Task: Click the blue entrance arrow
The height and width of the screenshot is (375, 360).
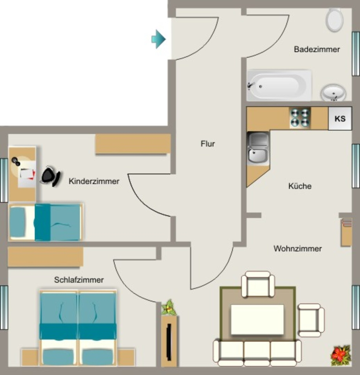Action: [158, 39]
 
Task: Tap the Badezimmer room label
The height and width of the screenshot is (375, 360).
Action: [317, 49]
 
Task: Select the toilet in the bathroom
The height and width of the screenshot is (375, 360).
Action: [334, 20]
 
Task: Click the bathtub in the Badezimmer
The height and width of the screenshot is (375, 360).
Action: [279, 85]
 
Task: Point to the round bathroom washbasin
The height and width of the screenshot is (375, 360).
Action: [333, 92]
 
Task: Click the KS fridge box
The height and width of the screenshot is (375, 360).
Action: [340, 118]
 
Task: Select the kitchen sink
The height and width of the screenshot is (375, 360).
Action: [258, 148]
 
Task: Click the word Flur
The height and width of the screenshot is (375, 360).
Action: [207, 144]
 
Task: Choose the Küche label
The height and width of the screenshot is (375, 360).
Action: [300, 186]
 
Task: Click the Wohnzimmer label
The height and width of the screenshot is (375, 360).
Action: [298, 249]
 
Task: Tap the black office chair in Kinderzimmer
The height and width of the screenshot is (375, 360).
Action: [51, 176]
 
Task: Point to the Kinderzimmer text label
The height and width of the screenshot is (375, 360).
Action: [94, 181]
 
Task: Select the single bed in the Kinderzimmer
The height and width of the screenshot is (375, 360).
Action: [46, 222]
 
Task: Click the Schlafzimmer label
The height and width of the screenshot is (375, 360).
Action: [79, 279]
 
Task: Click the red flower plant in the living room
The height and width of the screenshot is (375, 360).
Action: [341, 355]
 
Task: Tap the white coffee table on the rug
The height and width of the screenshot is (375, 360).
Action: [257, 319]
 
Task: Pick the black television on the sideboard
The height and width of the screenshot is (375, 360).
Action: [169, 342]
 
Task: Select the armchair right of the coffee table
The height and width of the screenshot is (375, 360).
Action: [311, 320]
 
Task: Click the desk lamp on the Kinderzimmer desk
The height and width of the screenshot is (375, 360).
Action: [16, 161]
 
